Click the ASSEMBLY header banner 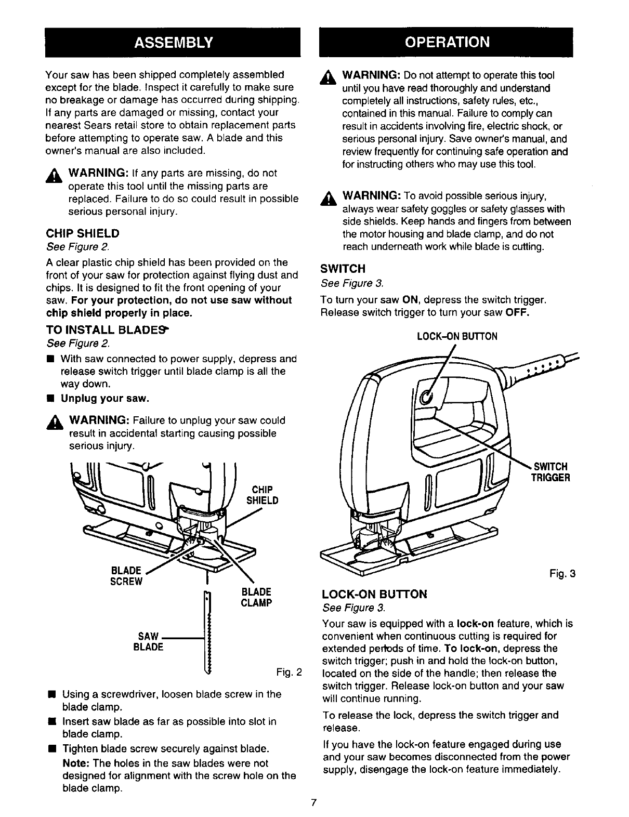pyautogui.click(x=173, y=42)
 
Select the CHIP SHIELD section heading pyautogui.click(x=83, y=233)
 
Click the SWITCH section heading pyautogui.click(x=343, y=269)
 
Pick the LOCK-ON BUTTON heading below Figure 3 pyautogui.click(x=374, y=594)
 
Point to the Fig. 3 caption pyautogui.click(x=562, y=574)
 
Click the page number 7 pyautogui.click(x=313, y=802)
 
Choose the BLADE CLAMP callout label pyautogui.click(x=256, y=598)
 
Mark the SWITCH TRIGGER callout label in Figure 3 pyautogui.click(x=550, y=472)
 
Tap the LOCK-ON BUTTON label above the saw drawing pyautogui.click(x=457, y=336)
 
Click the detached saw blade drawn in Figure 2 pyautogui.click(x=210, y=634)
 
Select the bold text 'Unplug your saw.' pyautogui.click(x=105, y=399)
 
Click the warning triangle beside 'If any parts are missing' pyautogui.click(x=54, y=174)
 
